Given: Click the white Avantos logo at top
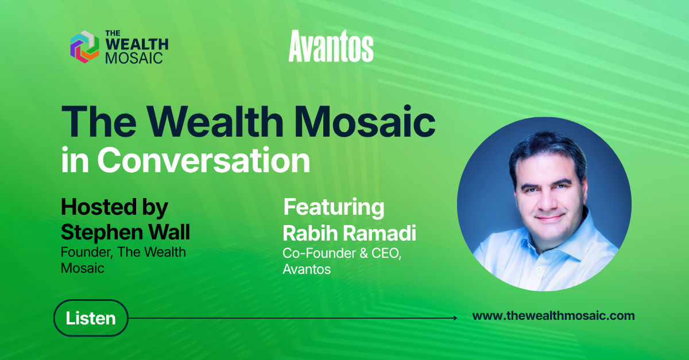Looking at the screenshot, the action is point(331,46).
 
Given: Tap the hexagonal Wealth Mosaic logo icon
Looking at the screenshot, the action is point(84,47).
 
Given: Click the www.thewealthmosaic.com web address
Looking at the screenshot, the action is point(553,316).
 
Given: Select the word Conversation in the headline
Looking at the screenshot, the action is point(204,160).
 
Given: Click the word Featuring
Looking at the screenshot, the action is point(334,208).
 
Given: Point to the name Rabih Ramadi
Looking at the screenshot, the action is point(350,233).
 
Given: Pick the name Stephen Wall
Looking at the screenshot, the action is point(126,232).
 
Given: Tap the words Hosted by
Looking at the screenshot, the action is point(114,208).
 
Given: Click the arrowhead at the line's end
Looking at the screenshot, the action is point(455,318).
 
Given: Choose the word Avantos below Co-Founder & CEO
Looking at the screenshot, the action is point(307,269).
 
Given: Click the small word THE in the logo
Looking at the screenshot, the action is point(113,33).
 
